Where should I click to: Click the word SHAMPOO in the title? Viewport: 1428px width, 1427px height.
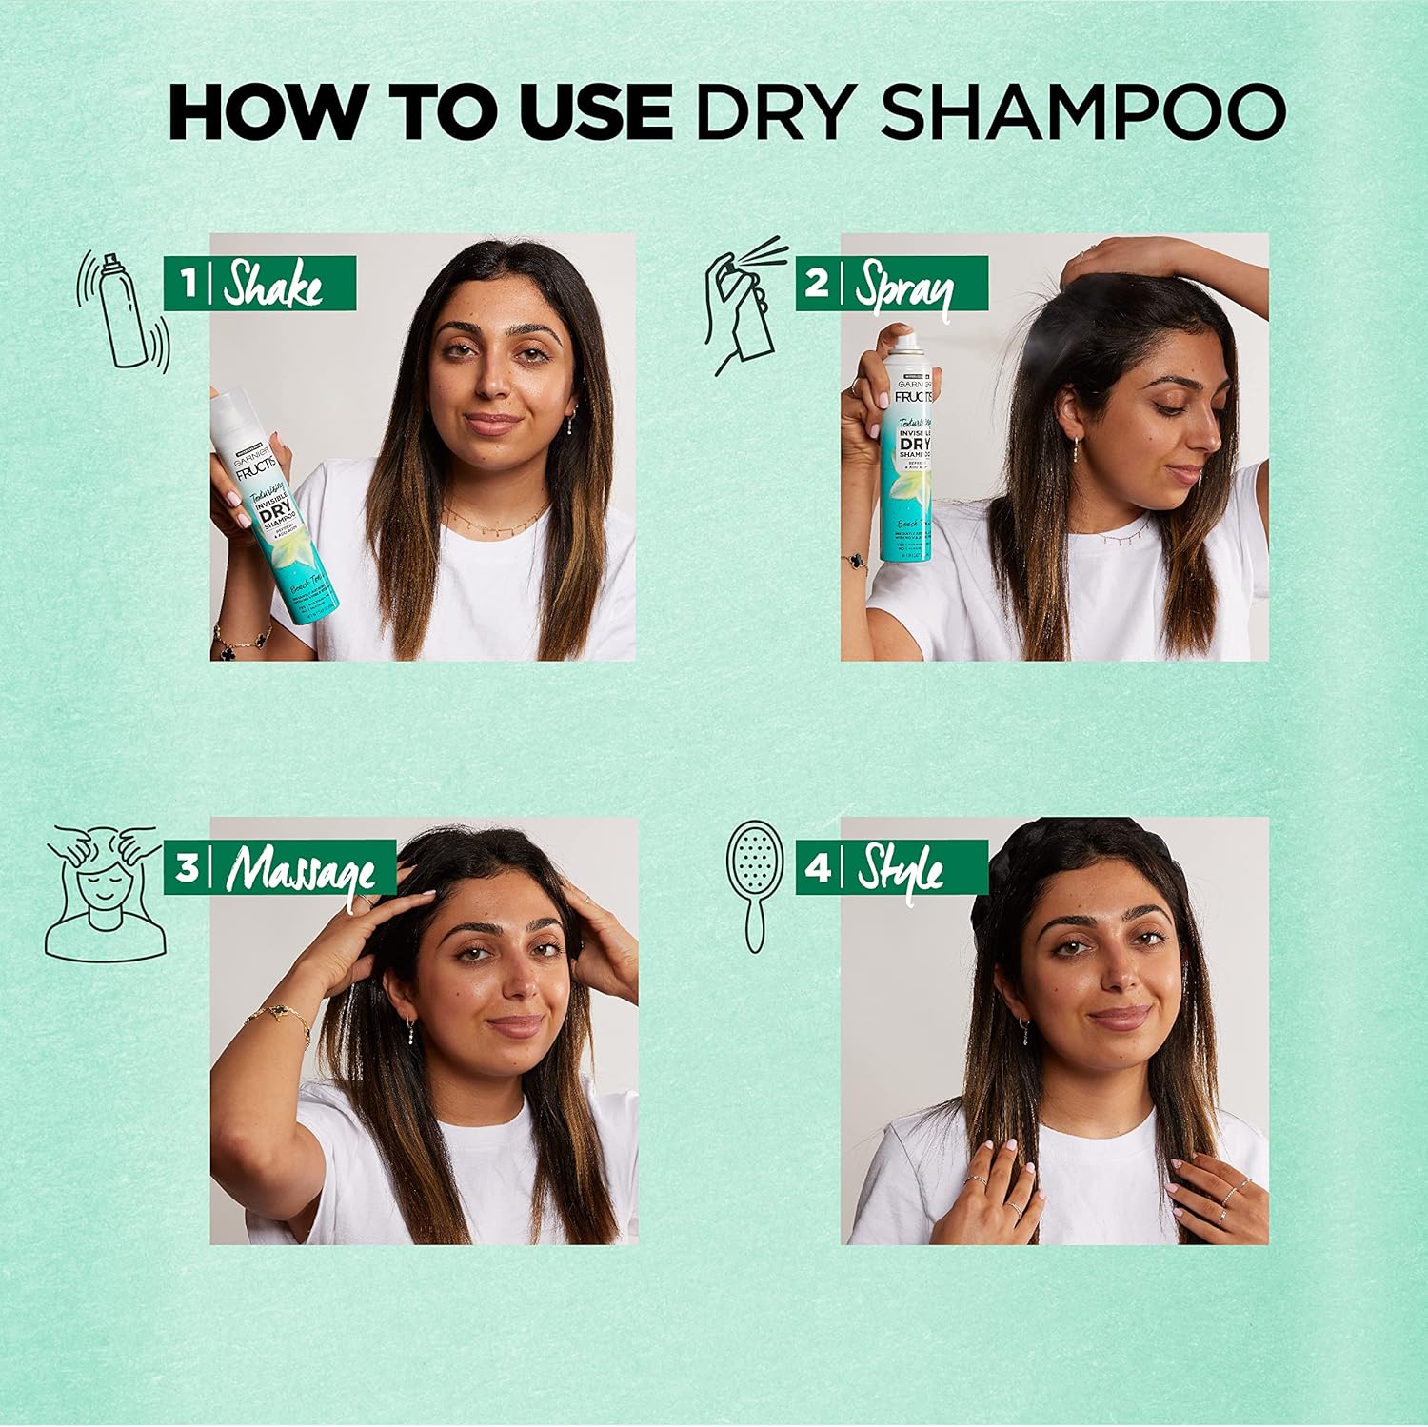[1082, 112]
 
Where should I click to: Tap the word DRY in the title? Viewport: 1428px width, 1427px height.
[773, 112]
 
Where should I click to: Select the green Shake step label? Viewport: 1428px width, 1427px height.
[259, 284]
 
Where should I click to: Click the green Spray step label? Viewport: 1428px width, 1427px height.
[891, 284]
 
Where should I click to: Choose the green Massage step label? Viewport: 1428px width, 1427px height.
[280, 868]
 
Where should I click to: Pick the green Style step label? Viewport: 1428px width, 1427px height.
[891, 868]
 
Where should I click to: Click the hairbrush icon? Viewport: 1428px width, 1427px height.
[755, 885]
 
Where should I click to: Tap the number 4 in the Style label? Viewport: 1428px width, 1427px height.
[818, 868]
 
